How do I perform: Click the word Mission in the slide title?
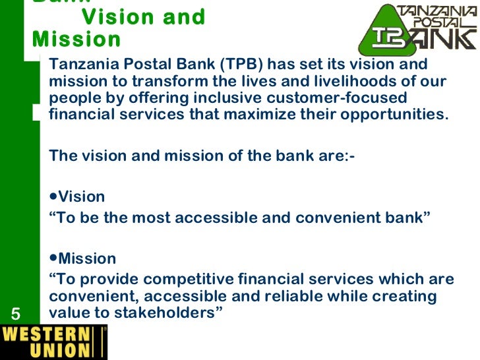pyautogui.click(x=76, y=40)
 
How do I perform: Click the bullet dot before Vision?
pyautogui.click(x=53, y=196)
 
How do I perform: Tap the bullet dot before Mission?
pyautogui.click(x=53, y=258)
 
